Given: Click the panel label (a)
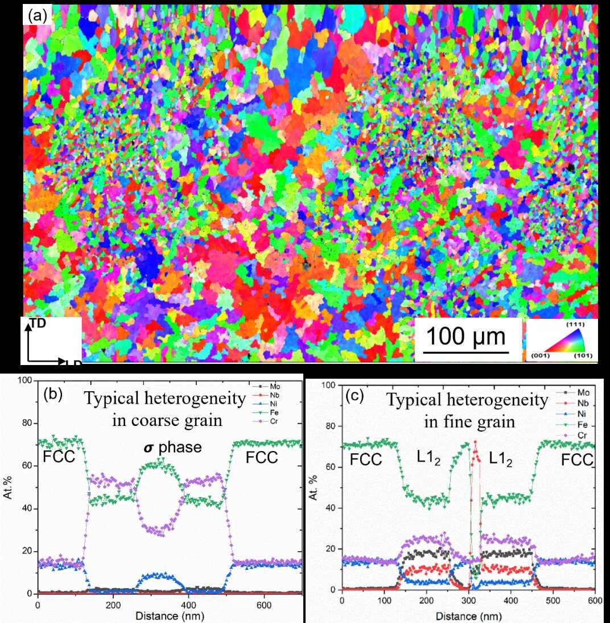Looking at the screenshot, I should coord(38,17).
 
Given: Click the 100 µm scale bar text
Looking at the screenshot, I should coord(466,337).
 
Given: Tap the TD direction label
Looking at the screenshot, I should coord(39,323).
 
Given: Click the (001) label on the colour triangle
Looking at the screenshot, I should coord(539,356).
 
